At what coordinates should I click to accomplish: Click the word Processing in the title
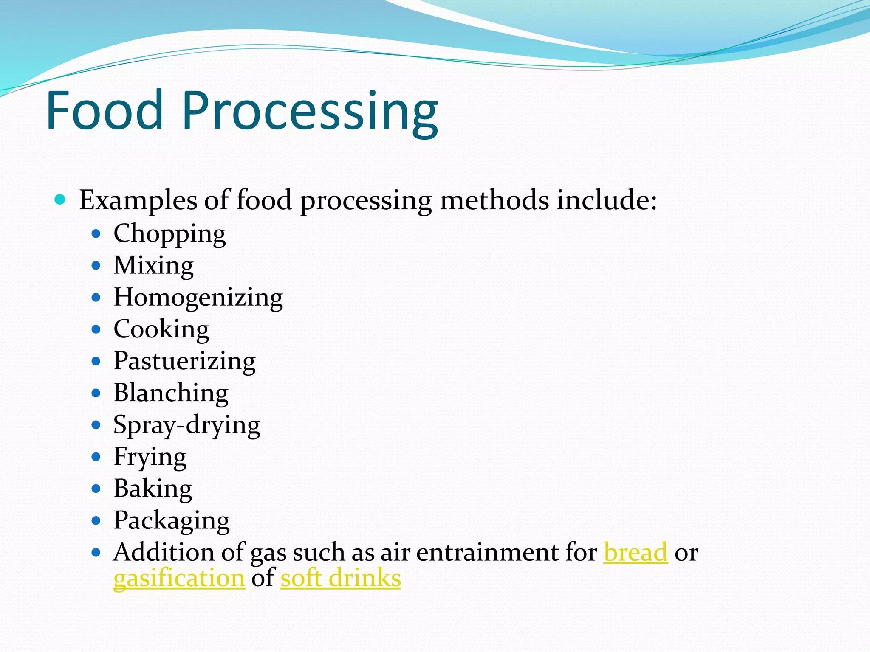(x=310, y=112)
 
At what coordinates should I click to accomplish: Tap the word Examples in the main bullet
(x=138, y=200)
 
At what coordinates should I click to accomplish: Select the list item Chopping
(x=169, y=234)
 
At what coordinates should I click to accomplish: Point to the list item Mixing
(x=154, y=266)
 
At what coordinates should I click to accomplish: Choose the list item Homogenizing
(x=198, y=298)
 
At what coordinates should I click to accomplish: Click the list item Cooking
(x=161, y=329)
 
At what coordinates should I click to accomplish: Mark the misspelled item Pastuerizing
(x=184, y=361)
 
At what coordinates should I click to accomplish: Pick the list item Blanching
(x=171, y=393)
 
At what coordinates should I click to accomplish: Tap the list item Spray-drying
(x=186, y=425)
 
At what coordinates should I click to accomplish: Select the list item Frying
(x=150, y=457)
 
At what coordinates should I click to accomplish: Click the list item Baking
(x=153, y=489)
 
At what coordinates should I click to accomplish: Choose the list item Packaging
(x=172, y=521)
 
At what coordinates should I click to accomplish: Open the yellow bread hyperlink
(x=636, y=552)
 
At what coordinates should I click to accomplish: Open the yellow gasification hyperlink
(x=179, y=578)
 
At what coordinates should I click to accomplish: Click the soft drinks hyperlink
(x=341, y=578)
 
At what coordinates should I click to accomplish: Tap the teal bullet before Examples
(x=60, y=199)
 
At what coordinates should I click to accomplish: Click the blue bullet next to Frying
(x=96, y=457)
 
